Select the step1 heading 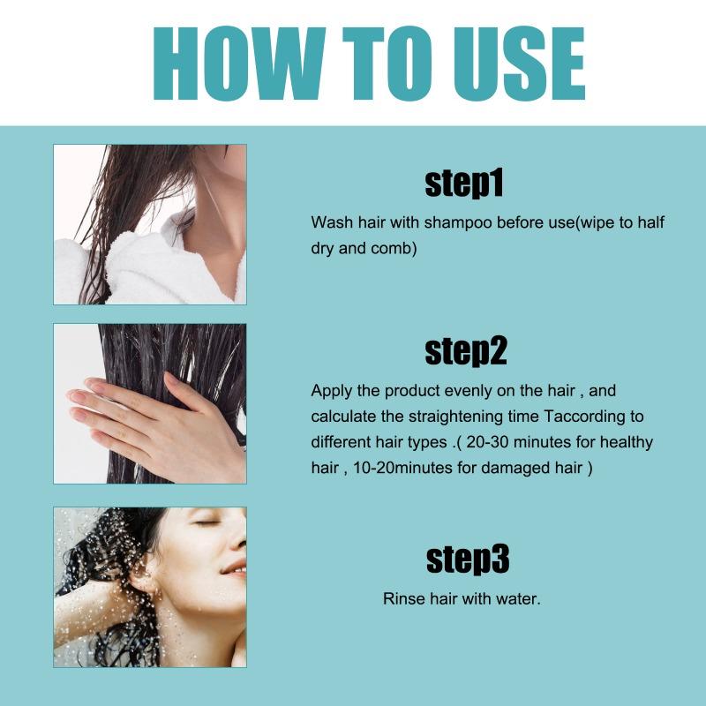point(463,184)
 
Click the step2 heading point(465,350)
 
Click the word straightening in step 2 point(436,416)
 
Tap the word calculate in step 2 point(343,416)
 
